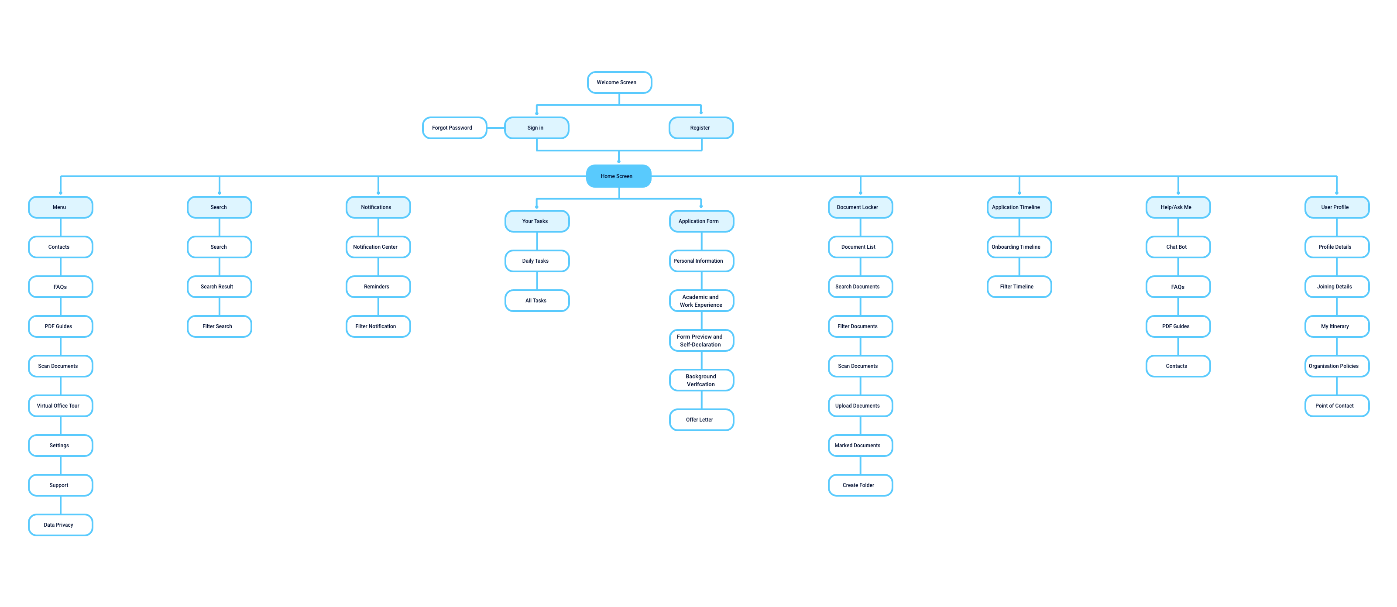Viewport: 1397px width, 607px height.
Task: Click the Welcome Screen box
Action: tap(619, 82)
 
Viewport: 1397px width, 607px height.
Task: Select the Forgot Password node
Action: tap(454, 128)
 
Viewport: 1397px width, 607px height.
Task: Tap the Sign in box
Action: tap(536, 128)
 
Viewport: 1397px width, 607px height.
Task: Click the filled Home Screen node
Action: tap(618, 176)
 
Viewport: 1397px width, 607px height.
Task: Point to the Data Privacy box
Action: tap(60, 525)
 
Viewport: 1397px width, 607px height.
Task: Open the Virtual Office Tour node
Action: tap(60, 406)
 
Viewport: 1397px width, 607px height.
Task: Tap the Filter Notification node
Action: tap(378, 326)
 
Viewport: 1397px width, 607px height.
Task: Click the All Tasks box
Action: tap(537, 301)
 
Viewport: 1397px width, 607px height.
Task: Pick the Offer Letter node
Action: tap(701, 420)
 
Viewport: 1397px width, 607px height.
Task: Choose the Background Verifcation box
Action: tap(701, 380)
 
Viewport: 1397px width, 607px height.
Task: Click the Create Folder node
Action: tap(860, 486)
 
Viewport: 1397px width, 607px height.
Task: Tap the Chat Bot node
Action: tap(1178, 247)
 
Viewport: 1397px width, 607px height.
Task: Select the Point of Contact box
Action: tap(1336, 406)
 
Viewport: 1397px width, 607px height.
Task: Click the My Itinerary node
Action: tap(1336, 326)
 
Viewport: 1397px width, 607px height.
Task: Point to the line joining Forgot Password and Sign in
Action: tap(496, 128)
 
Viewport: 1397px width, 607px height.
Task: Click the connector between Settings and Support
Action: tap(60, 466)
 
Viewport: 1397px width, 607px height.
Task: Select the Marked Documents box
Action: tap(860, 446)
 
